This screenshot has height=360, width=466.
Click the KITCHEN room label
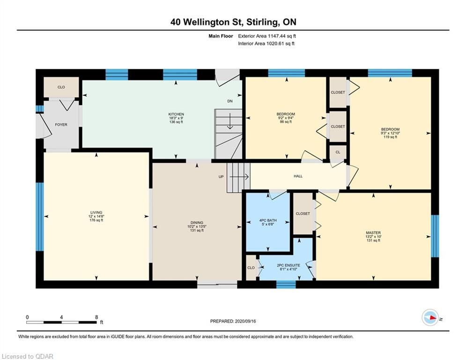(176, 114)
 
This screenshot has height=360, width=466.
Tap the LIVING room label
(96, 212)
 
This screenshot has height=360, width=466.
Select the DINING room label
(197, 223)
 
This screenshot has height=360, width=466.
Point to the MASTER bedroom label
(373, 232)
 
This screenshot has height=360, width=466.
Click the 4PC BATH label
(268, 220)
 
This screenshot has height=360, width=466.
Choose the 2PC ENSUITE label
(288, 265)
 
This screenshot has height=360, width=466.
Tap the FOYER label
(61, 125)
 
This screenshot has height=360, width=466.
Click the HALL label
(298, 176)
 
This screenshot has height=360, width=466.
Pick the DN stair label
(230, 101)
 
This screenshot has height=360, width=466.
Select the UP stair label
(221, 177)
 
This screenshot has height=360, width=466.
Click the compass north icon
(430, 318)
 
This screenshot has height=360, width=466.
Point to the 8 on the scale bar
(96, 317)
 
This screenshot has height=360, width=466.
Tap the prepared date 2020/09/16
(245, 321)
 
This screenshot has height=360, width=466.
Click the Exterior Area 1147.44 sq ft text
(267, 36)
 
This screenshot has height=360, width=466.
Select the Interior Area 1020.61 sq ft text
(266, 44)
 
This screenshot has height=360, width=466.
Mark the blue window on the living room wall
(40, 217)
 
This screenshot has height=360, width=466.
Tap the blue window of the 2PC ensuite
(286, 285)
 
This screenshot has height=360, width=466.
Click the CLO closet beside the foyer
(61, 87)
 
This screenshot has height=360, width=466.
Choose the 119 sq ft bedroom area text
(390, 137)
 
